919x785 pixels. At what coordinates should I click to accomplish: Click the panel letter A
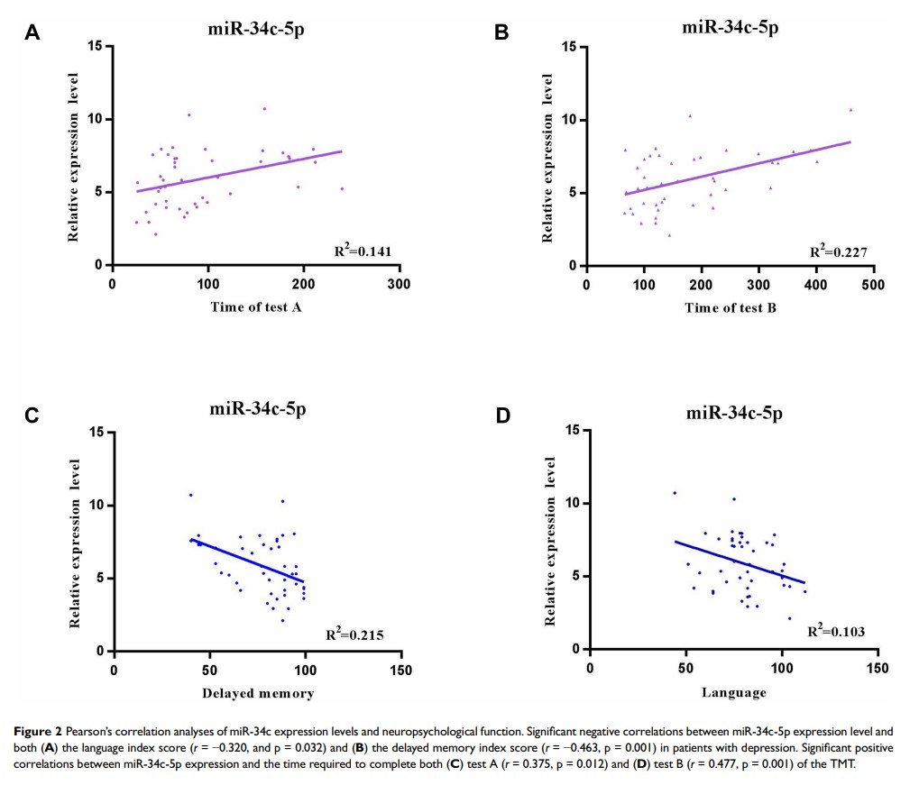coord(32,33)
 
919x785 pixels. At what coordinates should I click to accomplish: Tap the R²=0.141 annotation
coord(363,251)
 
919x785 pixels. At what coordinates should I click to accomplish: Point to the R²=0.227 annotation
coord(838,251)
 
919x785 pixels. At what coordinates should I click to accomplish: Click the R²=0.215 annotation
coord(354,636)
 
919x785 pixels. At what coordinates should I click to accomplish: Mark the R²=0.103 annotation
coord(835,632)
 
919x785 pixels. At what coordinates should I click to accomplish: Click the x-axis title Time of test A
coord(256,307)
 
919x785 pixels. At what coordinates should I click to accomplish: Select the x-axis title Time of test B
coord(730,307)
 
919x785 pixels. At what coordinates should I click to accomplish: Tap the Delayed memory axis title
coord(257,693)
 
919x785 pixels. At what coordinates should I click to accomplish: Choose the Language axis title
coord(733,692)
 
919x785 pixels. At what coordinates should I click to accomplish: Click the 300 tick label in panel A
coord(399,285)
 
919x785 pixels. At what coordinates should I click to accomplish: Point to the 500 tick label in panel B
coord(873,285)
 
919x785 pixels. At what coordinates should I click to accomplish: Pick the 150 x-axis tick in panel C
coord(400,671)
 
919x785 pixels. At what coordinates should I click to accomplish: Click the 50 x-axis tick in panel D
coord(685,668)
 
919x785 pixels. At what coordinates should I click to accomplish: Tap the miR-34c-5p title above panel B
coord(731,27)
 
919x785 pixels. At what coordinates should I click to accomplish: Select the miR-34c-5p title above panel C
coord(258,409)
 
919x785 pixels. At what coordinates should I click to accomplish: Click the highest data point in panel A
coord(264,109)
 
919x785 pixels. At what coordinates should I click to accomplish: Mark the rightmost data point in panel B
coord(850,110)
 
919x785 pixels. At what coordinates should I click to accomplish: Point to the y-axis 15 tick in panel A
coord(94,46)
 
